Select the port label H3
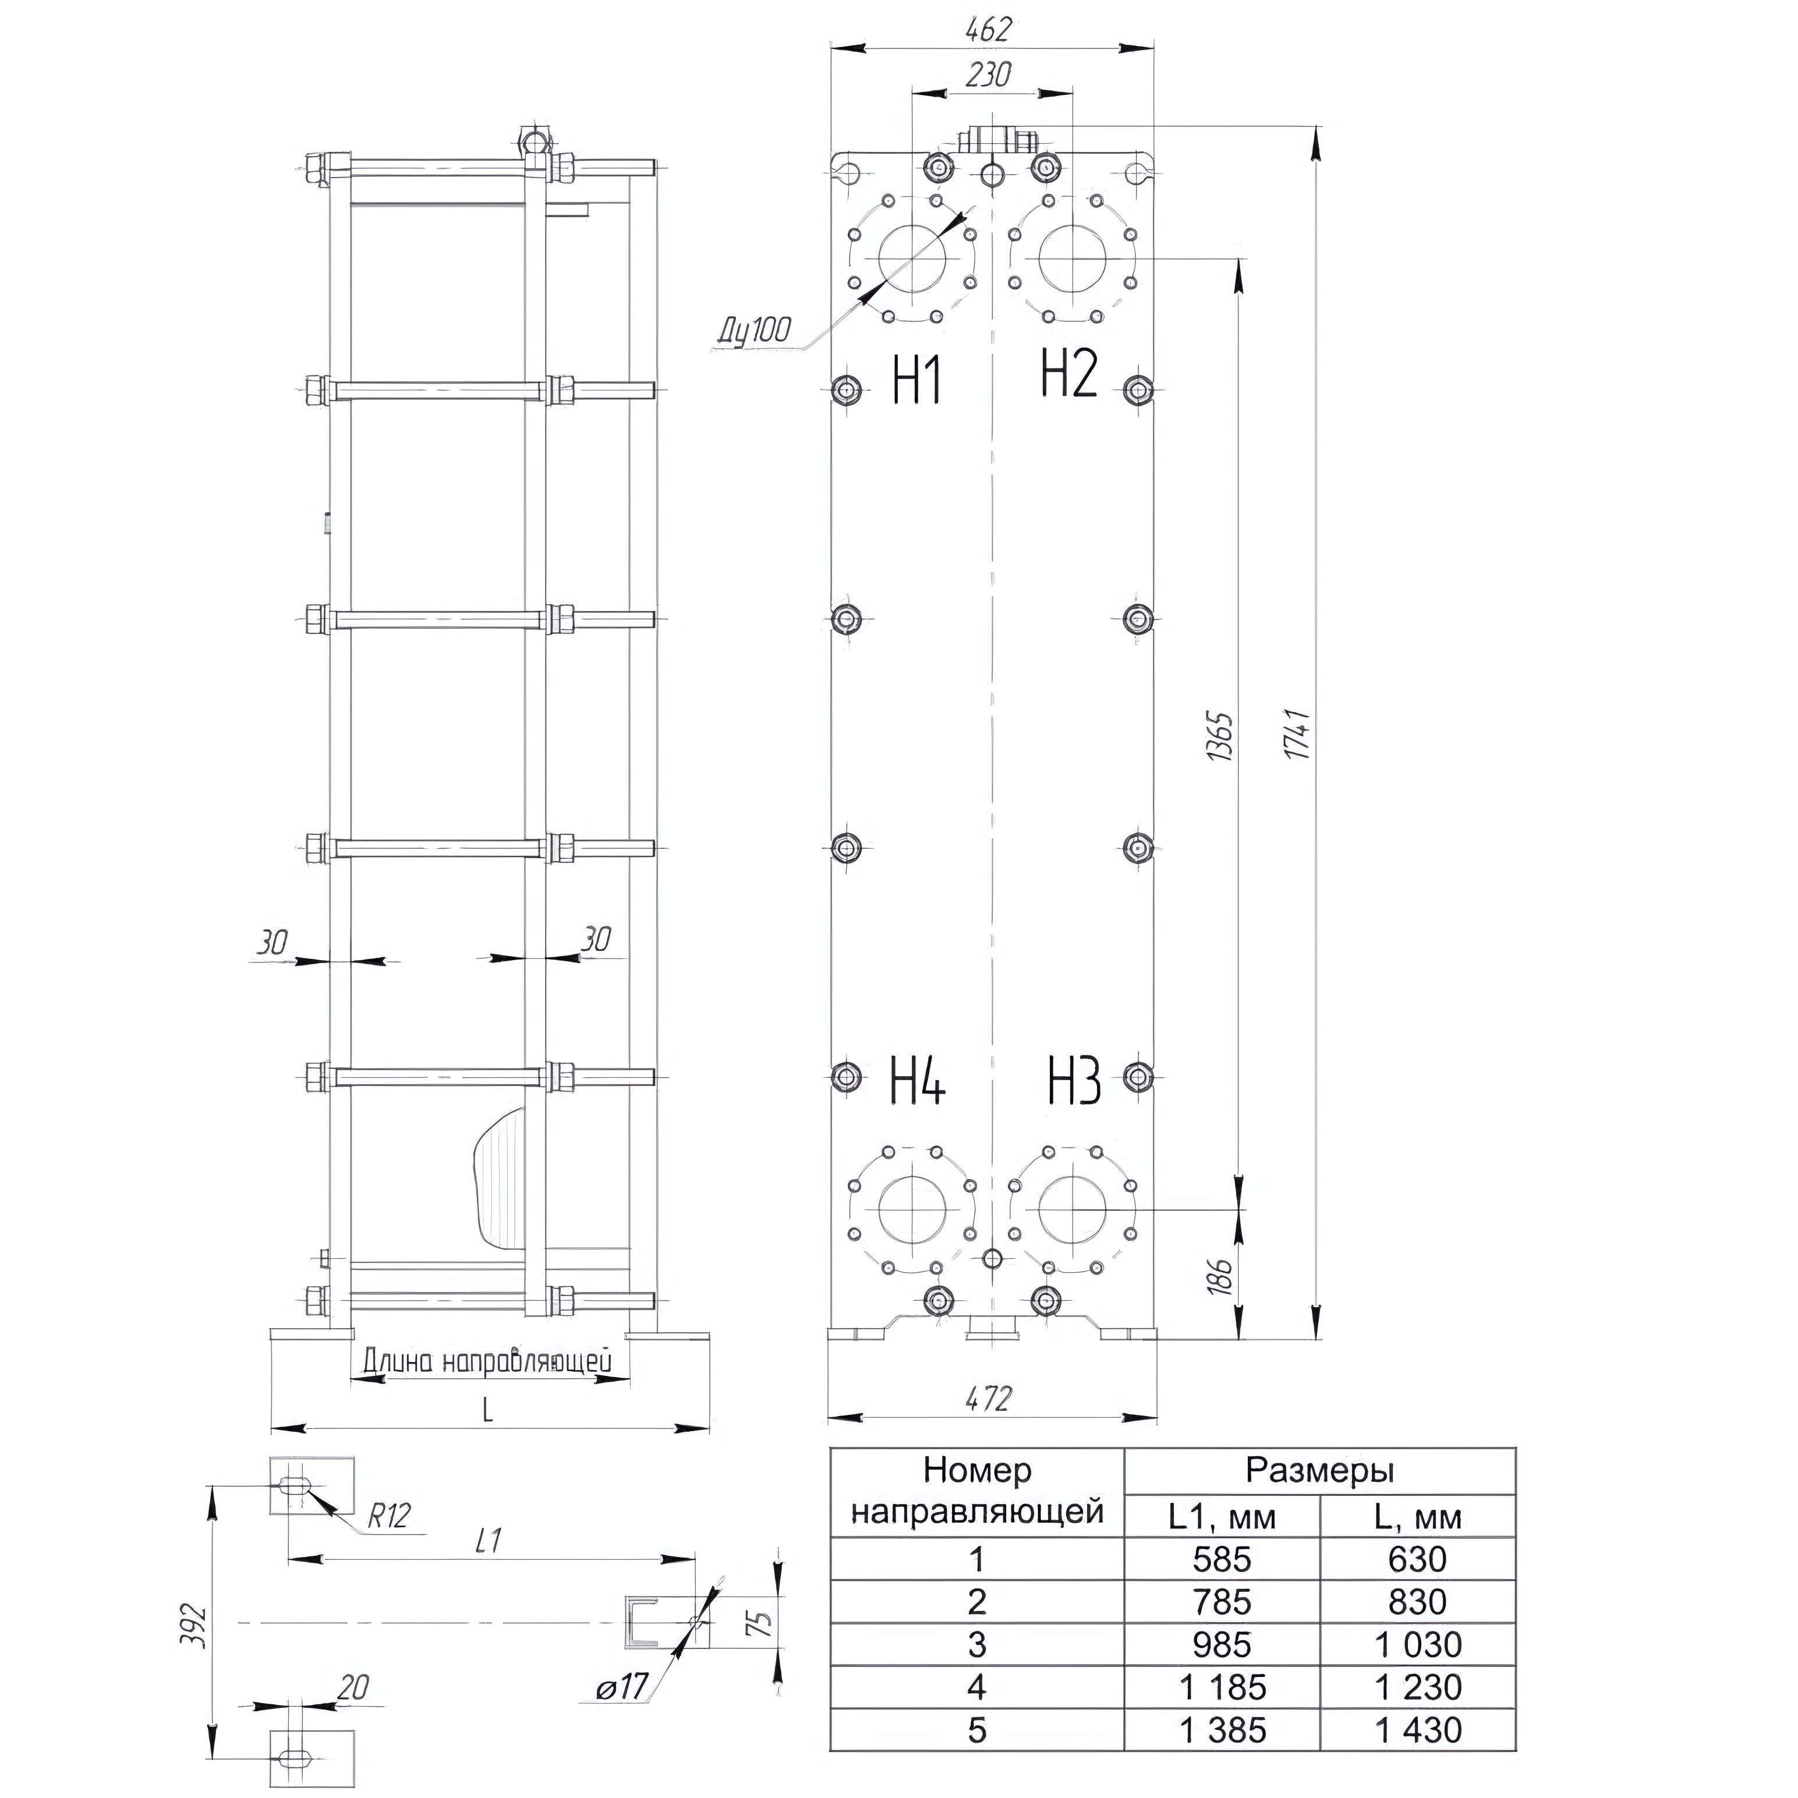coord(1075,1081)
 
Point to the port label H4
coord(919,1081)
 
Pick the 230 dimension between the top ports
coord(988,75)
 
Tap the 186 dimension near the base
coord(1223,1276)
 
